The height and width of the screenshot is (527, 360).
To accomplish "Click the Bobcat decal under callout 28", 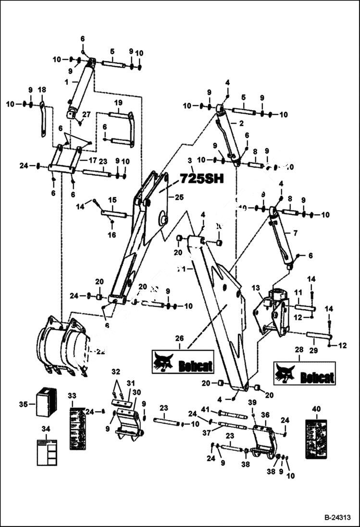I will point(304,373).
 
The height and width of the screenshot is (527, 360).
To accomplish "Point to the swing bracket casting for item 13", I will point(272,312).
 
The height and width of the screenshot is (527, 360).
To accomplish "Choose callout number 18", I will point(42,90).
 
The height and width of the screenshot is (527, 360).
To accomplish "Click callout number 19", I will point(118,103).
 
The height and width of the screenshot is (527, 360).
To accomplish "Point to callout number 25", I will point(179,196).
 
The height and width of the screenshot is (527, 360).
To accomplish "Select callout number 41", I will point(206,409).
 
